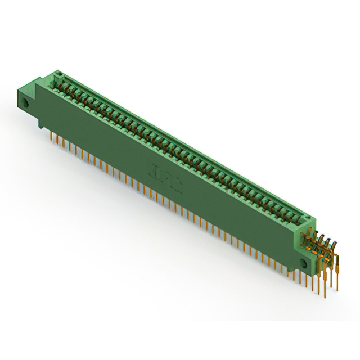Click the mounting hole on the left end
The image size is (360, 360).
pos(26,103)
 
